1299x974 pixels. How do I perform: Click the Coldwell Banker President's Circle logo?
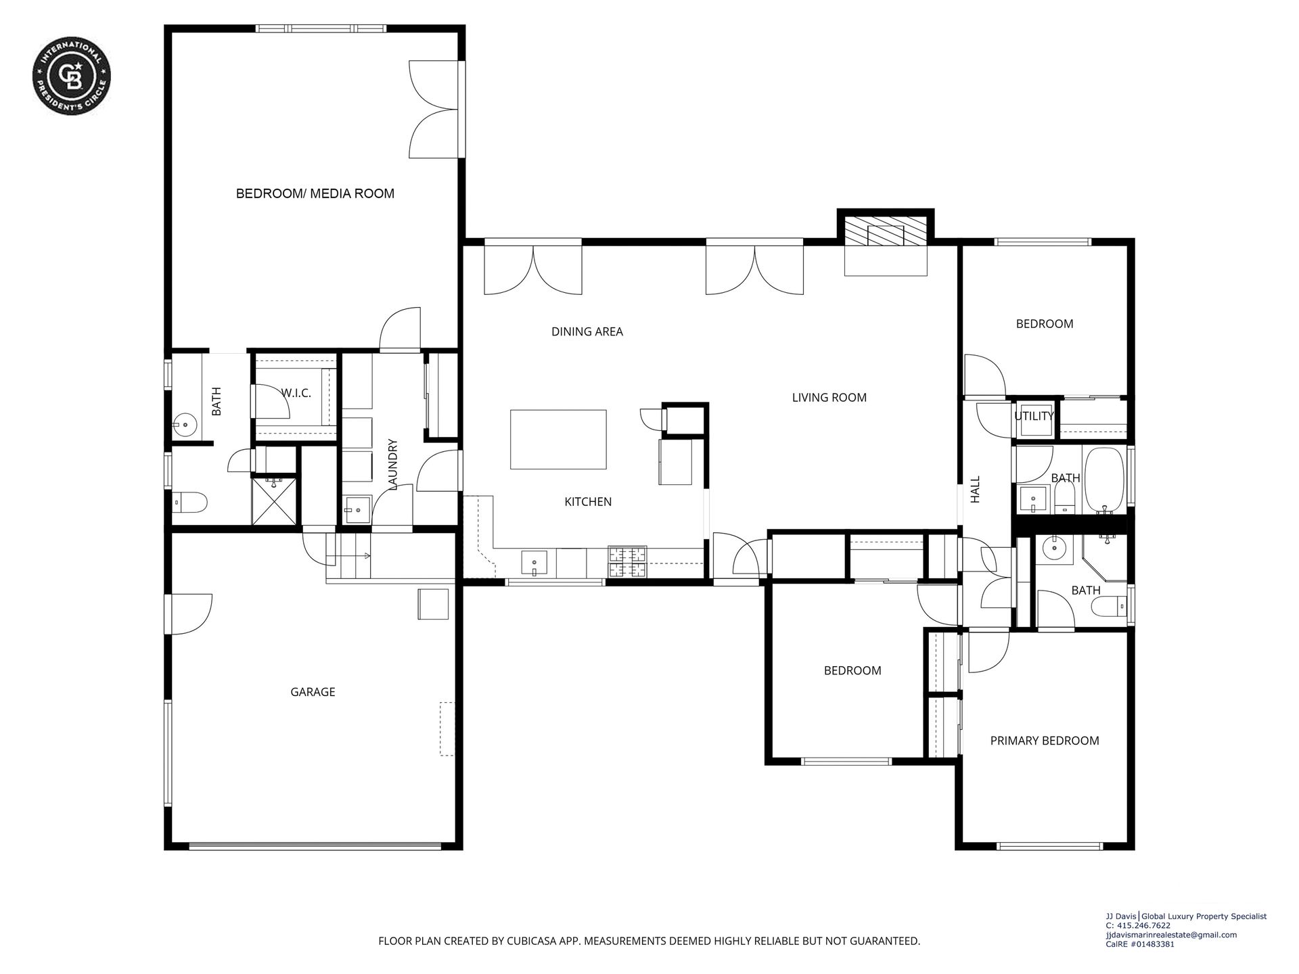[72, 76]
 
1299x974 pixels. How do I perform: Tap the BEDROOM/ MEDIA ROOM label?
[315, 193]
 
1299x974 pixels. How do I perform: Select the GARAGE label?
[313, 692]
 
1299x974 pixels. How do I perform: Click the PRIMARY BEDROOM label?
[1045, 741]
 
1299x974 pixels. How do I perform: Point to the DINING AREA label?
[587, 331]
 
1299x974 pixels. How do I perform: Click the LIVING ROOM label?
[829, 398]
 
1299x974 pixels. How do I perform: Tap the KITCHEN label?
[588, 502]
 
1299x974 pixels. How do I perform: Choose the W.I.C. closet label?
[296, 393]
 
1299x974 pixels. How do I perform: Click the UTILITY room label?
[1034, 416]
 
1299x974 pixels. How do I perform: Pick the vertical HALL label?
[975, 489]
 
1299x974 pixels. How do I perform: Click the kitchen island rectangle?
[558, 439]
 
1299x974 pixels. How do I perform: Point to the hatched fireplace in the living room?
[886, 231]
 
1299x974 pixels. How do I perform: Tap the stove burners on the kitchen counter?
[628, 562]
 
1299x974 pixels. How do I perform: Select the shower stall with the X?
[274, 501]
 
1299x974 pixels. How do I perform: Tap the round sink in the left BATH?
[184, 425]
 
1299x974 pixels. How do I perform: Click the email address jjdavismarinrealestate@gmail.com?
[1171, 935]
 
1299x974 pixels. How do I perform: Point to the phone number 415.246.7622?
[1138, 926]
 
